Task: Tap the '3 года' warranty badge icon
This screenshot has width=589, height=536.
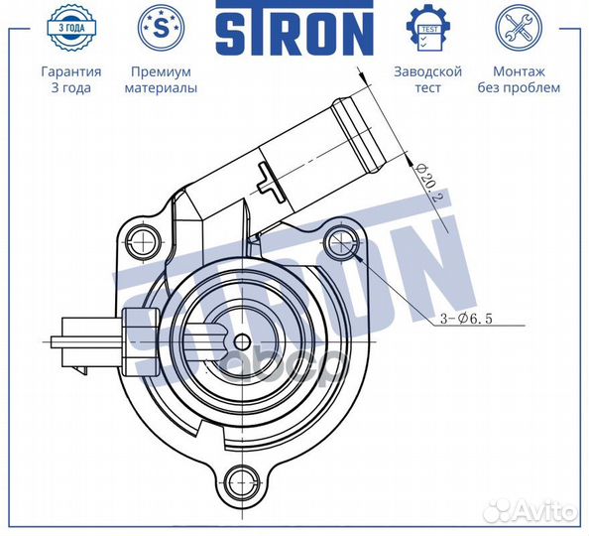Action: [x=70, y=29]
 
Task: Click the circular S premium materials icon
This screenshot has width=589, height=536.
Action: [x=160, y=27]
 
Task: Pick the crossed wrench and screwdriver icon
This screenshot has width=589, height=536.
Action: [x=518, y=27]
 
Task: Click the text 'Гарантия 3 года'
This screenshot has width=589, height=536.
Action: [x=70, y=79]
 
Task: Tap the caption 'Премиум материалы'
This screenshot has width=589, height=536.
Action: [x=160, y=79]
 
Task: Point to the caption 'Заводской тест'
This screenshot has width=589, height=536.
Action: [x=428, y=79]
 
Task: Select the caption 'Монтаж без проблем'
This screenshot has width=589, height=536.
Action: [x=525, y=79]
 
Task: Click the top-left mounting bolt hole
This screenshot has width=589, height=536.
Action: [x=144, y=238]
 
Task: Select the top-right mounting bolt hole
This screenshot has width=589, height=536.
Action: [x=342, y=238]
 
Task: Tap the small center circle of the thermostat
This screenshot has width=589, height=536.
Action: [x=241, y=340]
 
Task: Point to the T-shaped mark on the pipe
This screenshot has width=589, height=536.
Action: [x=269, y=181]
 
